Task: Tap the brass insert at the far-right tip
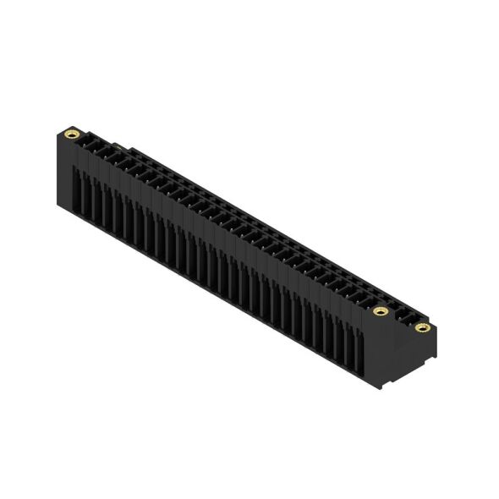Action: click(421, 327)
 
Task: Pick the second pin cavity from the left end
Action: click(100, 148)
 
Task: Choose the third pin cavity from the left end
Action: click(110, 153)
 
